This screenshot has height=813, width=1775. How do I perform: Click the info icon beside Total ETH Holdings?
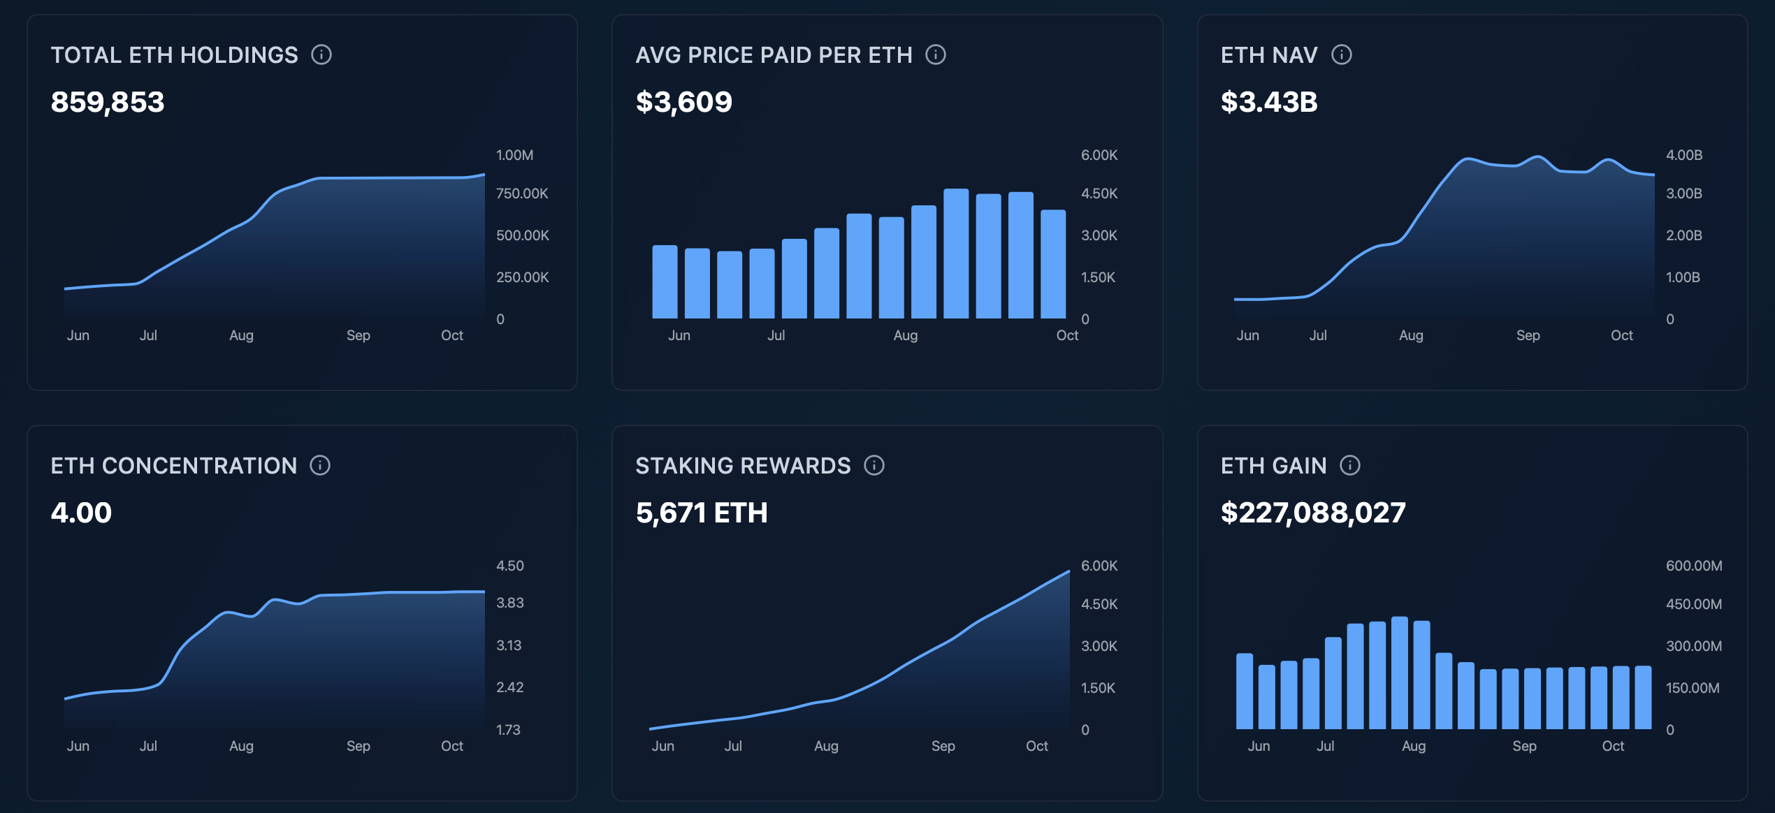321,54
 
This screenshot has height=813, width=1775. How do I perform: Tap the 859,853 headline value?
108,102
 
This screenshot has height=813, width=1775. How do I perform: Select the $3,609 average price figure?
683,102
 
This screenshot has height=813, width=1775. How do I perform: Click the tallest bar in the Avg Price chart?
955,254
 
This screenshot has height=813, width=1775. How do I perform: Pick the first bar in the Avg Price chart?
665,281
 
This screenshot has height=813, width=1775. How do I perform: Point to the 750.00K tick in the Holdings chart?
521,193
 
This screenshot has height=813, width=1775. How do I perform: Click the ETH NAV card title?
1268,55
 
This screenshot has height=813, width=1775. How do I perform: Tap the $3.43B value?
1268,102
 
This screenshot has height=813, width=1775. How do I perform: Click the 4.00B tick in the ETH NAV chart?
1683,155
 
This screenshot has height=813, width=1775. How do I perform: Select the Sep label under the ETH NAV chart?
1528,335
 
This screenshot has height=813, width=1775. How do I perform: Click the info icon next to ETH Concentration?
320,465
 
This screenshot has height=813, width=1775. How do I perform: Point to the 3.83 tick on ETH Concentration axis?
509,603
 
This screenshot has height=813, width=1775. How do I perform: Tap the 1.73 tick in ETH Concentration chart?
508,730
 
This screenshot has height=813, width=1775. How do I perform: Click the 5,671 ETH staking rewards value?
701,513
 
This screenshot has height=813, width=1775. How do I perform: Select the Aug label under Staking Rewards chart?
826,746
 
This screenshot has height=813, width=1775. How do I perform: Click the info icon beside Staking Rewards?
874,465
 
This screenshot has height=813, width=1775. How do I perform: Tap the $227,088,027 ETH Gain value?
1312,513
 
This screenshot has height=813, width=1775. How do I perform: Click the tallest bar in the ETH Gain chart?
1399,673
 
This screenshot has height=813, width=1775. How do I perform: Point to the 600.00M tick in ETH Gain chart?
1693,566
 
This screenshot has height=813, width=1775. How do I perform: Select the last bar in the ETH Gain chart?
1643,697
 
